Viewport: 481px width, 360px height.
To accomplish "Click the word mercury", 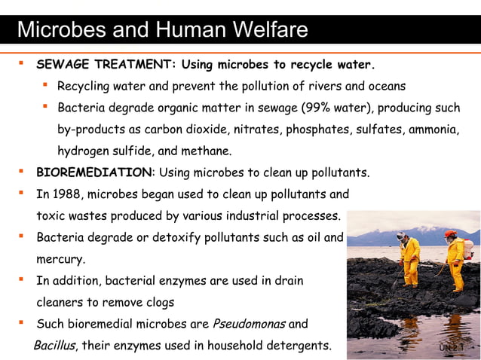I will (60, 260).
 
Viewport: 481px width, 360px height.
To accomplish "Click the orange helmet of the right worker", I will (451, 234).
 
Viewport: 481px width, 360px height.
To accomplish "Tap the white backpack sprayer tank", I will (468, 249).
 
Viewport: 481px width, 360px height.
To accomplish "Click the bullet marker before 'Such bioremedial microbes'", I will (22, 325).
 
